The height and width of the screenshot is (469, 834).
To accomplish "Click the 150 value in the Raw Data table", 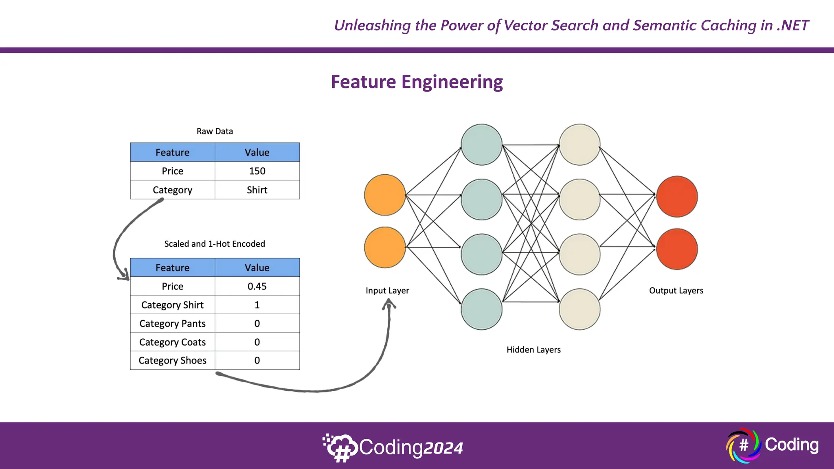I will pyautogui.click(x=257, y=171).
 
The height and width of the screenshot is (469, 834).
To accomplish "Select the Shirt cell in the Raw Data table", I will pyautogui.click(x=257, y=190).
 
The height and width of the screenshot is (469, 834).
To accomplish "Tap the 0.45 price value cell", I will pyautogui.click(x=257, y=286).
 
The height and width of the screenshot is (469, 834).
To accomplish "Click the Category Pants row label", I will pyautogui.click(x=172, y=324).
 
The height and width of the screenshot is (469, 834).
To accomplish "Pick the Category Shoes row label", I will pyautogui.click(x=172, y=361).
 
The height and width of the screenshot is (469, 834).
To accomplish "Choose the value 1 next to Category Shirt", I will pyautogui.click(x=257, y=305).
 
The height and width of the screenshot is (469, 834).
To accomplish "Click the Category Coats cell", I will pyautogui.click(x=172, y=342).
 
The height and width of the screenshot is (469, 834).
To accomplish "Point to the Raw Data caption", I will pyautogui.click(x=215, y=131).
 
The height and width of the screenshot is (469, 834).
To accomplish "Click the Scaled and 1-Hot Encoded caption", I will pyautogui.click(x=215, y=244).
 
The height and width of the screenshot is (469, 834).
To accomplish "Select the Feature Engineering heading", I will pyautogui.click(x=417, y=82).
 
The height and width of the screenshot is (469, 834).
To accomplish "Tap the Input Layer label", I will pyautogui.click(x=387, y=291).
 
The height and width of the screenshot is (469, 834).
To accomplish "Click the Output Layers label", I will pyautogui.click(x=676, y=291).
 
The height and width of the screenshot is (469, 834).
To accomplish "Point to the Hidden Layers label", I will pyautogui.click(x=533, y=350).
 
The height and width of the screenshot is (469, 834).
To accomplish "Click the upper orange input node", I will pyautogui.click(x=384, y=195).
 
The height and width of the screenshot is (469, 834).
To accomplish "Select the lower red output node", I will pyautogui.click(x=677, y=249).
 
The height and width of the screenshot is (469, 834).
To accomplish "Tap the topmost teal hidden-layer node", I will pyautogui.click(x=481, y=145).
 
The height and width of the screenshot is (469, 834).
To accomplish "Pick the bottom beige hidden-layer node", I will pyautogui.click(x=579, y=309).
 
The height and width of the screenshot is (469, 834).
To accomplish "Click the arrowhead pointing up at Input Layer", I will pyautogui.click(x=389, y=303).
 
